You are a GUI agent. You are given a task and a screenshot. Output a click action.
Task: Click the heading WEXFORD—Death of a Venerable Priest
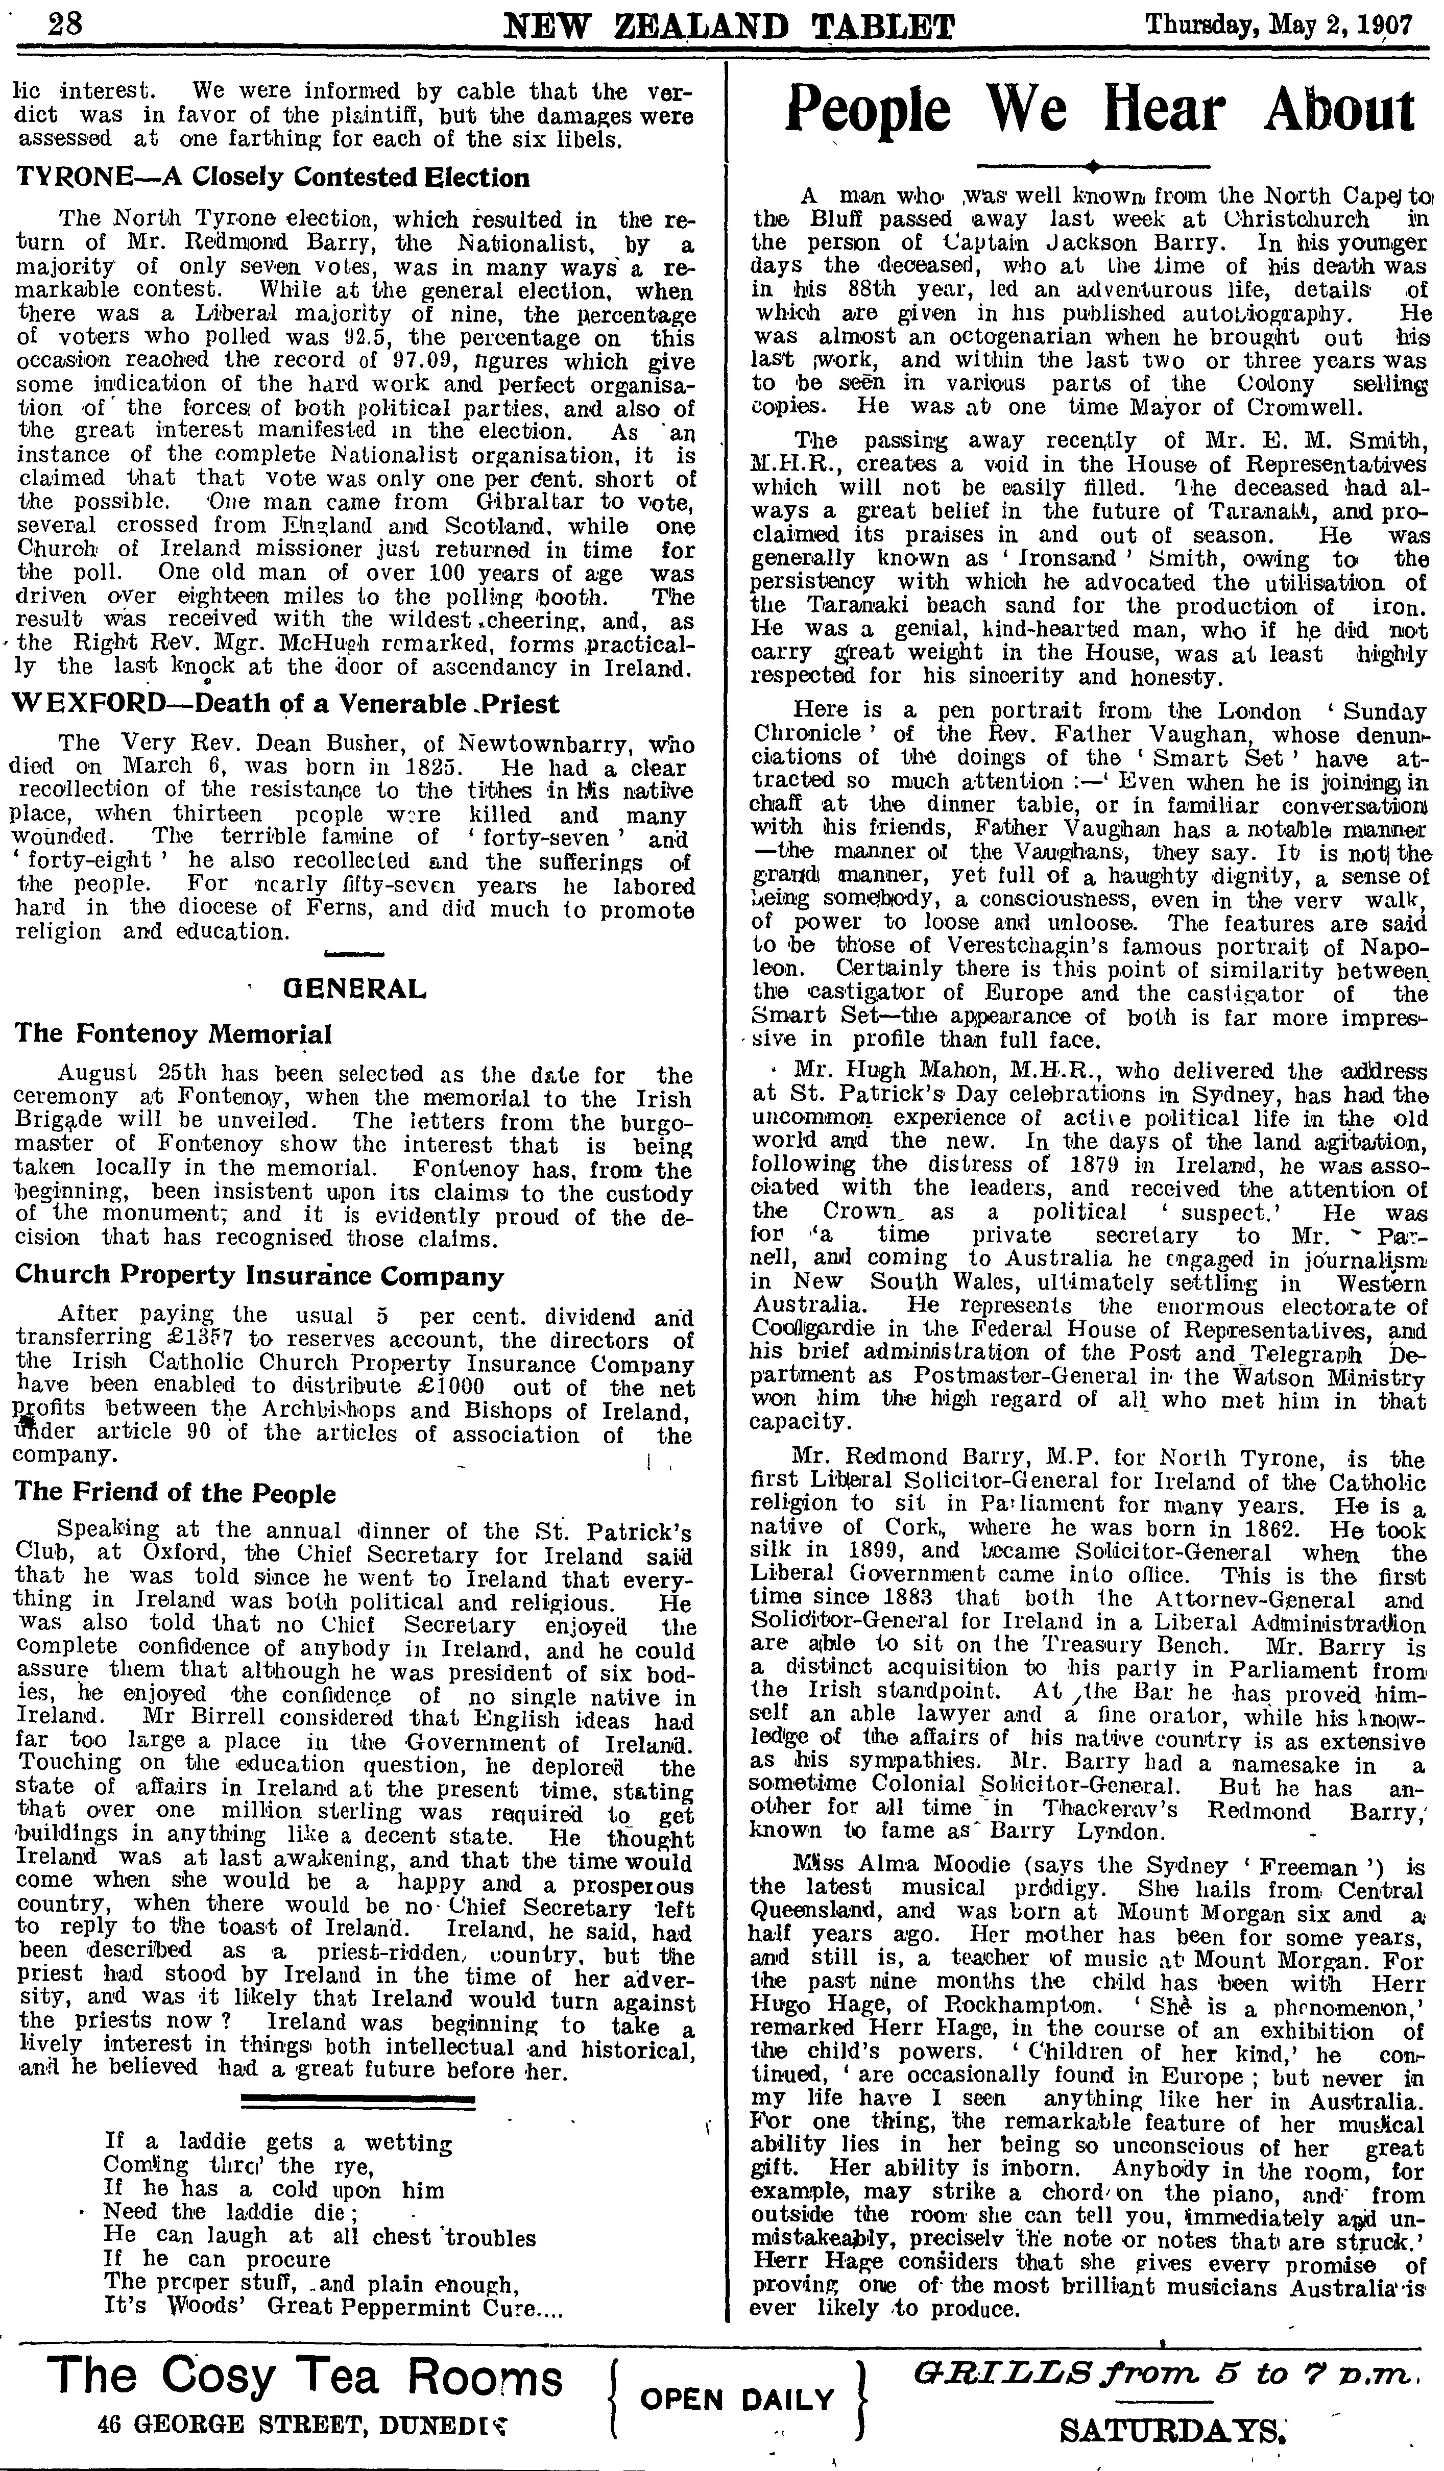(287, 704)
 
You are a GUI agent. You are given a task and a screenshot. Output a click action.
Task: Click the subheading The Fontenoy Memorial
(174, 1033)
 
